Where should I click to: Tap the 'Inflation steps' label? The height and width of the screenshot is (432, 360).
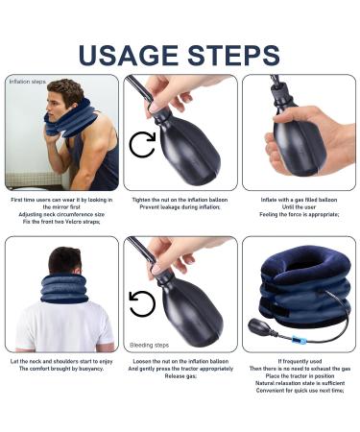click(27, 82)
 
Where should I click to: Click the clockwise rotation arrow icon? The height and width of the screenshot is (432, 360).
click(142, 145)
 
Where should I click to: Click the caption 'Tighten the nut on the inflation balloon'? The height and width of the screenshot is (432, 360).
click(180, 200)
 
